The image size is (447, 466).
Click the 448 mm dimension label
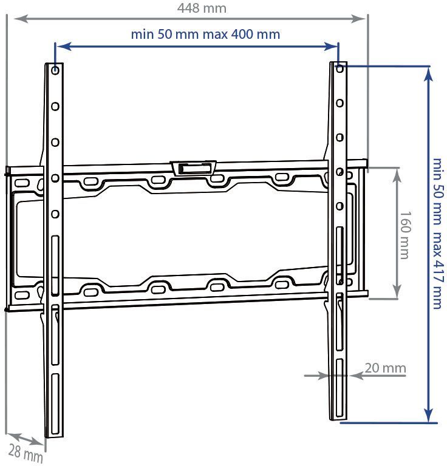202,8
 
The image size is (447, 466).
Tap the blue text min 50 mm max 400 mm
205,34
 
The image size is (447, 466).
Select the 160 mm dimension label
405,235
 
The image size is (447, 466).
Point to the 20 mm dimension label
385,368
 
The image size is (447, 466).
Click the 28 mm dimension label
26,453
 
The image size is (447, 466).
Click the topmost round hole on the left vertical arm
55,70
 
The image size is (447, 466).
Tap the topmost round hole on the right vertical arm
340,69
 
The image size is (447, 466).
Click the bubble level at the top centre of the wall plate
193,168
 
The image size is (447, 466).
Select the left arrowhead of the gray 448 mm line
21,19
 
